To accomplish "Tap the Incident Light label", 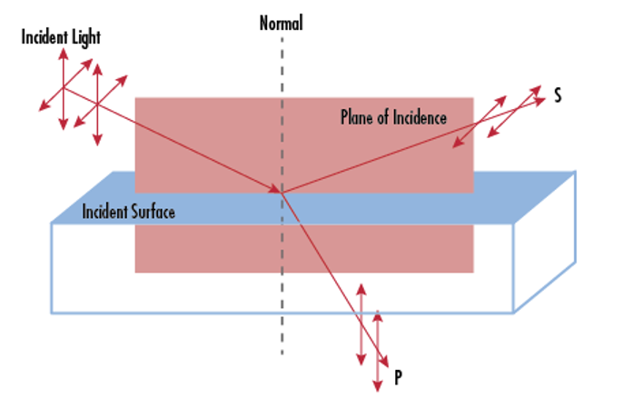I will [63, 37].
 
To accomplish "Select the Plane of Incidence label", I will [393, 117].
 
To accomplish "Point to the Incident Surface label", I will [128, 212].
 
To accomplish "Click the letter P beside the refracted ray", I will [398, 376].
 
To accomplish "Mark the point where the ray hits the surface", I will [282, 191].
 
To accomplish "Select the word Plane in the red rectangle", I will [355, 117].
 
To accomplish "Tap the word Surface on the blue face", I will [153, 212].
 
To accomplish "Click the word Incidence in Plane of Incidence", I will [417, 117].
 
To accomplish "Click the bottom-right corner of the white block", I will [515, 313].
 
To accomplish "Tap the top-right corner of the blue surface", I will [576, 172].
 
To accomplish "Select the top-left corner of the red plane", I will [135, 98].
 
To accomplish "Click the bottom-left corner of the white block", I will [52, 313].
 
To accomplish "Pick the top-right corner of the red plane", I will [473, 98].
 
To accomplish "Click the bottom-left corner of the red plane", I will [135, 272].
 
